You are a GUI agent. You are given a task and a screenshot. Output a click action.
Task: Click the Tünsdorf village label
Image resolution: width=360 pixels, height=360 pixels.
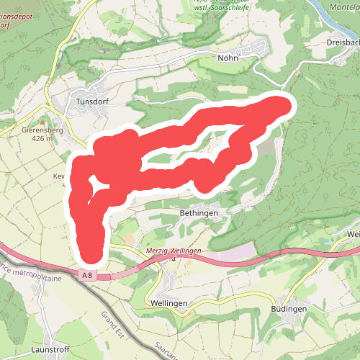[91, 102]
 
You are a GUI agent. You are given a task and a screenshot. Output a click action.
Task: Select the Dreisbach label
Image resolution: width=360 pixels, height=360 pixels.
[342, 42]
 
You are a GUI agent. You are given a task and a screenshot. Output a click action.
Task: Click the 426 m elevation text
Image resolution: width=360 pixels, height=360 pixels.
[42, 139]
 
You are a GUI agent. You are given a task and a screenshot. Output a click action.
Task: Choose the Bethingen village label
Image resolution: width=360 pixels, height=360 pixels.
[198, 214]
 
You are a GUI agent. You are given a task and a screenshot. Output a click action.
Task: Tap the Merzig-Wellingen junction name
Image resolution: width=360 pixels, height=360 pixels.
[173, 250]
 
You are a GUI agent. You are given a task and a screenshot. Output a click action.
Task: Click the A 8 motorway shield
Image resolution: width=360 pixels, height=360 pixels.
[87, 275]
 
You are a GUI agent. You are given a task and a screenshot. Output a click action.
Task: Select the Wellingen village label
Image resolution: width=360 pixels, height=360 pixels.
[169, 303]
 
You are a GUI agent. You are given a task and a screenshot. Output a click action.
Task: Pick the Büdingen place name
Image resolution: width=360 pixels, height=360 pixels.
[289, 308]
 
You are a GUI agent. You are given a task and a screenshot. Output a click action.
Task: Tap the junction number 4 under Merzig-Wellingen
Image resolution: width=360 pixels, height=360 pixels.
[174, 258]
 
